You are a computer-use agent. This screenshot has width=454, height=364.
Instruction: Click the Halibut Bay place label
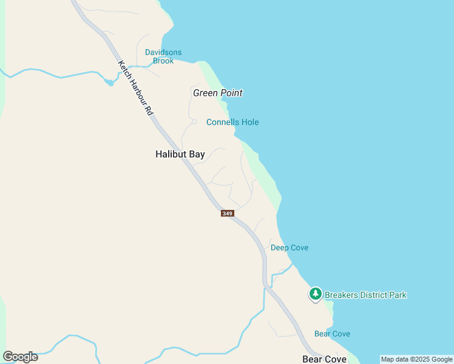180,154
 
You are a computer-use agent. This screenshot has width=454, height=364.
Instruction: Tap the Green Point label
217,93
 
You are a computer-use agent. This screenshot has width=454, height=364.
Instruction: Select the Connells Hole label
232,122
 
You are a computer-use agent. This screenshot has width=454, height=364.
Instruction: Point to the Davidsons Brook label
163,56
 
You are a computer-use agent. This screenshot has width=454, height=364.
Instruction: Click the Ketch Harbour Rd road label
135,88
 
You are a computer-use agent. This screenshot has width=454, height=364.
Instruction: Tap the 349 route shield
228,213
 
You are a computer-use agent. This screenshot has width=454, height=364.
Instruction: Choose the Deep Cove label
290,248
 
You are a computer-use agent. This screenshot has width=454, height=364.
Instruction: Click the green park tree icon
316,294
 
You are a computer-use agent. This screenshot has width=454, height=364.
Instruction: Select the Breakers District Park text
365,295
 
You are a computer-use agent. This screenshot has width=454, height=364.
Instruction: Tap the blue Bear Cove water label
332,334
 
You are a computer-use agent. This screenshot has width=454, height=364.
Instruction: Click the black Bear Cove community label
324,359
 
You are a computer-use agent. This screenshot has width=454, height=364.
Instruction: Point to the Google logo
20,357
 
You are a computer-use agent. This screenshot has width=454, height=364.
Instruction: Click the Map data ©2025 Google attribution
416,359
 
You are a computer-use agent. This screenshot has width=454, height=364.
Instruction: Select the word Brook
163,61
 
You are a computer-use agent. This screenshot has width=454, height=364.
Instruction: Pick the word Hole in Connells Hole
250,122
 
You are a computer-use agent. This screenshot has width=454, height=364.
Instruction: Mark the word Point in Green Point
231,93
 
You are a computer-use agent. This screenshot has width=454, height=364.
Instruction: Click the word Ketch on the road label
124,69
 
